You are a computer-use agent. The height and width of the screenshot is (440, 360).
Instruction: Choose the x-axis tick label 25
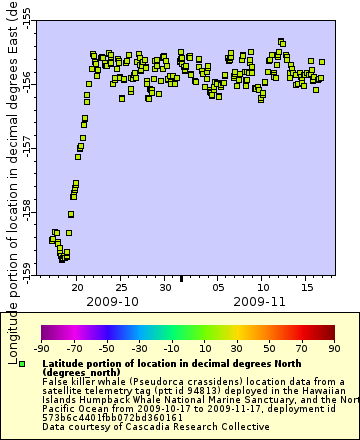pyautogui.click(x=121, y=284)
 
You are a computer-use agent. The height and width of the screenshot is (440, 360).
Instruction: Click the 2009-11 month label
pyautogui.click(x=259, y=300)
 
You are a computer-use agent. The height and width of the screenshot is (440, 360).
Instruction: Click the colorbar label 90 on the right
pyautogui.click(x=333, y=348)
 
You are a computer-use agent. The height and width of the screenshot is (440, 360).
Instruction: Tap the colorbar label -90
pyautogui.click(x=41, y=348)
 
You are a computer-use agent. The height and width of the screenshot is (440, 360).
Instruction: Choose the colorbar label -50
pyautogui.click(x=106, y=348)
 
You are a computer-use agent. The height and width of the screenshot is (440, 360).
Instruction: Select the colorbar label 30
pyautogui.click(x=236, y=348)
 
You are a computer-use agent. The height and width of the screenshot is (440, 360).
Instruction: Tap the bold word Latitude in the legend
pyautogui.click(x=66, y=364)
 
